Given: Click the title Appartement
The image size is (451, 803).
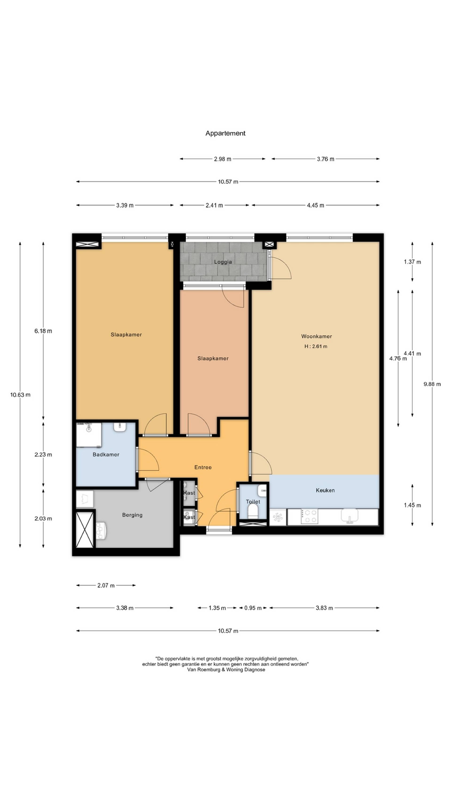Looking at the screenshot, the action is point(225,133).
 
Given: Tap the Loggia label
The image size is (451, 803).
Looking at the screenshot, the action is point(223,262).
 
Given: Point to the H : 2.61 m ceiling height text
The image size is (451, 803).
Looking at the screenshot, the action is point(316,346).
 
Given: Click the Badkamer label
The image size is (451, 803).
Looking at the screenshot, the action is point(106,455).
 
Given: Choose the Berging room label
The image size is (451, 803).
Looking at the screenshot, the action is point(132,515).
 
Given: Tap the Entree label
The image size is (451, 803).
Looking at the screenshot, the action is point(203,467).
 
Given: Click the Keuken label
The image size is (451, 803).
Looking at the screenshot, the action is point(325,490).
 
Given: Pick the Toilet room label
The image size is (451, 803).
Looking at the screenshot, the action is point(253,502).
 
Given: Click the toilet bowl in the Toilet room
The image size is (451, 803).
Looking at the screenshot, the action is point(253,512).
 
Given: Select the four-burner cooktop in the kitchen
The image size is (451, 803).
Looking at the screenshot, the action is point(309,516).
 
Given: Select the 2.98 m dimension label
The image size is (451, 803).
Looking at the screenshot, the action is point(222,159).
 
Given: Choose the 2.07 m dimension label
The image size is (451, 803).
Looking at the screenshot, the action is point(106,585).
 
